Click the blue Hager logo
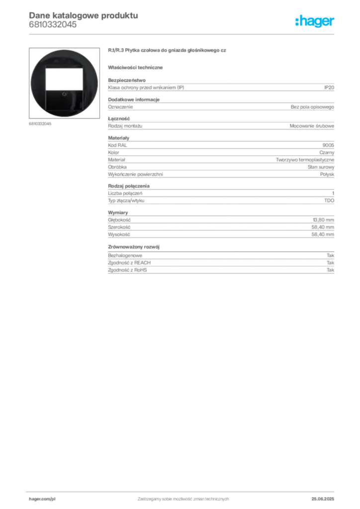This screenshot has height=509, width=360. click(315, 22)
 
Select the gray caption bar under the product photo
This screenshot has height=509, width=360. click(40, 123)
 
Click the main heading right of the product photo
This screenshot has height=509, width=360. click(167, 51)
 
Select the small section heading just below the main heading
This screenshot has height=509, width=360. click(137, 67)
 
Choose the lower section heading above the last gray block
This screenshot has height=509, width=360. click(135, 246)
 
